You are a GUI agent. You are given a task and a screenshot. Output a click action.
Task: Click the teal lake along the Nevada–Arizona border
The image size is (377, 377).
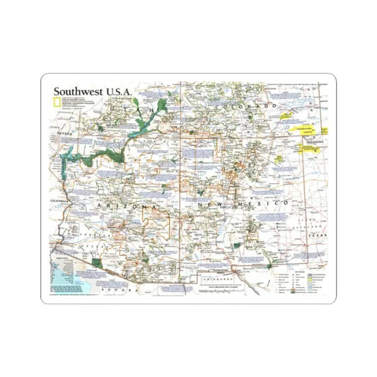[x=69, y=160]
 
